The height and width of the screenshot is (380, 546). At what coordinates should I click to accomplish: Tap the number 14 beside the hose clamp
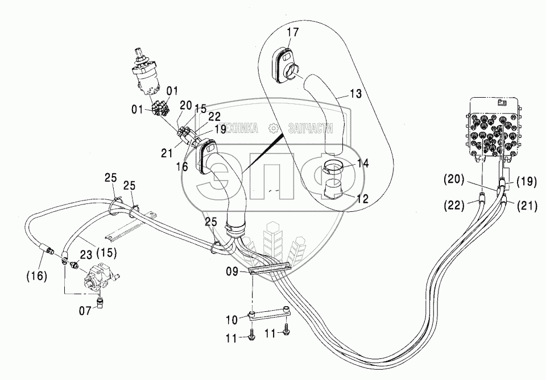[362, 164]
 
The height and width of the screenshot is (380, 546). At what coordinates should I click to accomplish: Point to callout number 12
[362, 199]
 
